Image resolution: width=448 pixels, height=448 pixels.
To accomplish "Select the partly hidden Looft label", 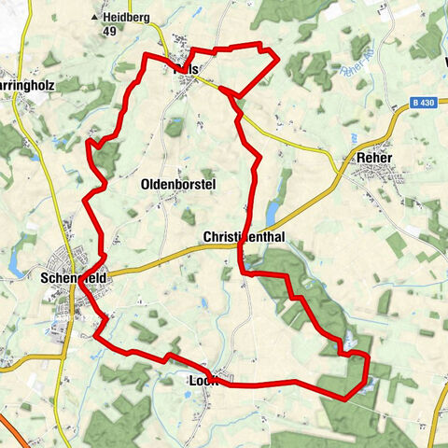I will pos(203,380).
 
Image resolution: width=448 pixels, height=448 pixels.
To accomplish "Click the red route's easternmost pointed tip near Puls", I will pos(279,61).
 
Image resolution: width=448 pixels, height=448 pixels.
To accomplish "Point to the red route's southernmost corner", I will pos(345,399).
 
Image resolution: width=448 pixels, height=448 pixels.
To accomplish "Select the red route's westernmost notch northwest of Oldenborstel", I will pos(89,143).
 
